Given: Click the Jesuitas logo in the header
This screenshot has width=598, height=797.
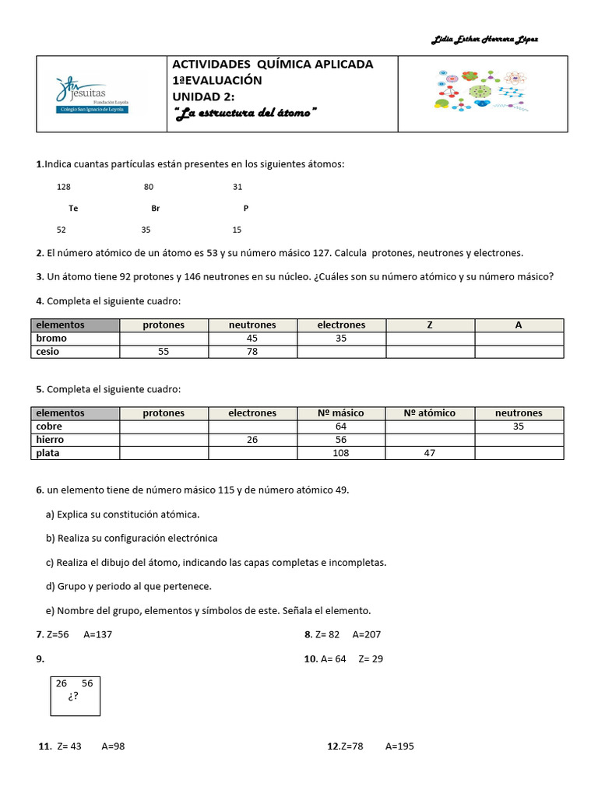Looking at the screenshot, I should tap(93, 94).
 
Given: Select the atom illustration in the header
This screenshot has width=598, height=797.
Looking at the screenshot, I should tap(480, 92).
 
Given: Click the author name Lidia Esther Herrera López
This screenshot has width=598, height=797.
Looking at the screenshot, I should tap(484, 40).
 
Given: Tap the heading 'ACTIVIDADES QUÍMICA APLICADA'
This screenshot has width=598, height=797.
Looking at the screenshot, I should tap(273, 64).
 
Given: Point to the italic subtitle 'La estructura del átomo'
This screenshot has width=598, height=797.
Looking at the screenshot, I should tap(245, 113).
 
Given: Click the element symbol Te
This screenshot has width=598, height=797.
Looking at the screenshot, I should tap(73, 209).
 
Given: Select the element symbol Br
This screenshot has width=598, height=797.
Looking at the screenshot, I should tap(155, 209).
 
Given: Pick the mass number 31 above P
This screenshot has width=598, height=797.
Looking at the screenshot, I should tap(237, 187).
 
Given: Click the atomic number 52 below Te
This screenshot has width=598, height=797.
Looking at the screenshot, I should tap(62, 230).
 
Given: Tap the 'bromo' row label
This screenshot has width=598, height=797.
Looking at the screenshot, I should tap(51, 339).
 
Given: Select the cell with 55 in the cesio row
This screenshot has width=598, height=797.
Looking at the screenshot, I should tap(164, 352).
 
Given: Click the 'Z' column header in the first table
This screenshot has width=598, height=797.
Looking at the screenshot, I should tap(430, 325).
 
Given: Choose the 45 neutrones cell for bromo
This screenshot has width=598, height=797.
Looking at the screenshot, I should tap(252, 339).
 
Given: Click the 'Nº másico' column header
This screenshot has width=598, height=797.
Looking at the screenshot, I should tap(341, 413).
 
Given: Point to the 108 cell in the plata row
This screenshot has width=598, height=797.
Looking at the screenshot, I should tap(341, 453).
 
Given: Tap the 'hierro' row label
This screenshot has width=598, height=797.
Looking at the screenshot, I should tap(51, 440).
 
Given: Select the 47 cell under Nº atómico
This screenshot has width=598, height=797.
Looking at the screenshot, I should tap(430, 453).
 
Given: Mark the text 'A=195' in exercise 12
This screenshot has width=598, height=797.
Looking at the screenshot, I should tap(399, 746).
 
